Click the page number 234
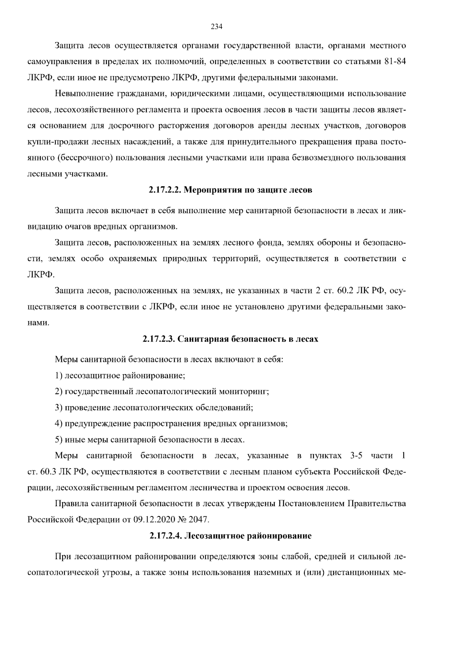pyautogui.click(x=217, y=27)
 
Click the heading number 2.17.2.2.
pyautogui.click(x=165, y=190)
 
